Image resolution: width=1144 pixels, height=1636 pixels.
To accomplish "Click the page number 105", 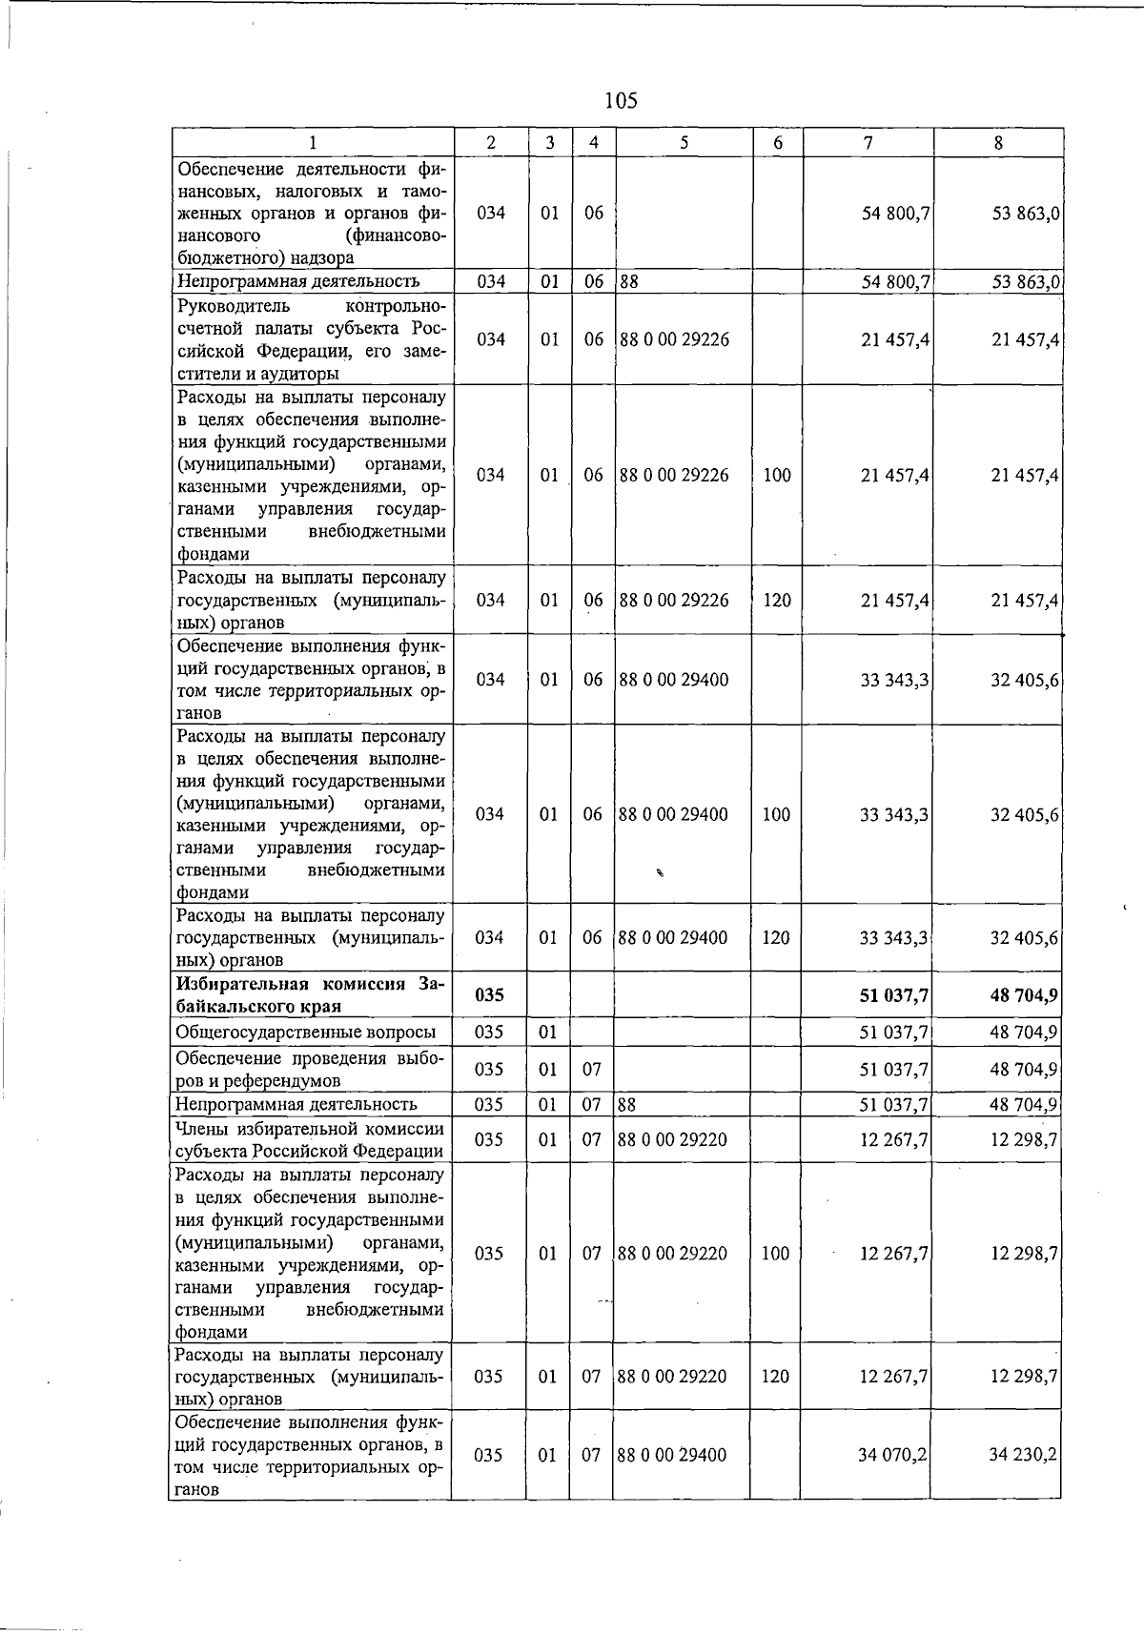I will coord(621,100).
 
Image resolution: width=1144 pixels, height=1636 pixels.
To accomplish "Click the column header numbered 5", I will coord(684,143).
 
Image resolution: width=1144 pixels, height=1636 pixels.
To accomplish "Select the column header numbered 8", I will coord(998,143).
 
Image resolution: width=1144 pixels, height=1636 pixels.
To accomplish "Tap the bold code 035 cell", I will coord(489,995).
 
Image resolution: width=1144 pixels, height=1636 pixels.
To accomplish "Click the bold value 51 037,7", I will coord(894,995).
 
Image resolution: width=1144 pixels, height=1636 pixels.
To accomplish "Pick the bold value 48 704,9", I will coord(1024,995).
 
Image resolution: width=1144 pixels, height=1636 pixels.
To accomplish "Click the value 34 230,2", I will coord(1023,1455).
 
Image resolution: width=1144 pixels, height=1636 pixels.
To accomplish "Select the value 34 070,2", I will coord(893,1455).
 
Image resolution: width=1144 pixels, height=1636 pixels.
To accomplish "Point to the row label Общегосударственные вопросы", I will coord(306,1032).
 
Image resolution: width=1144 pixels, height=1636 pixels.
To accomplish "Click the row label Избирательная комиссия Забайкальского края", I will coord(310,995).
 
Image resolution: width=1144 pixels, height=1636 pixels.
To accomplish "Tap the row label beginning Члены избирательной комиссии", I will coord(310,1140).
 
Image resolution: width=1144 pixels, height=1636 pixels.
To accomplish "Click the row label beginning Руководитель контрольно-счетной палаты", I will coord(310,339).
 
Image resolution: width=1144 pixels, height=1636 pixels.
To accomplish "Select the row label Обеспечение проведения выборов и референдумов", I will coord(310,1069).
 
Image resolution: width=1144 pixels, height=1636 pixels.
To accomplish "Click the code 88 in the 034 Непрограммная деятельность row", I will coord(628,281).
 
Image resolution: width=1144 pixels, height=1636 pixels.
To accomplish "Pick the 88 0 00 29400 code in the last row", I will coord(672,1455).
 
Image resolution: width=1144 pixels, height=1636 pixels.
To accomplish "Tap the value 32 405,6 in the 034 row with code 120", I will coord(1024,938).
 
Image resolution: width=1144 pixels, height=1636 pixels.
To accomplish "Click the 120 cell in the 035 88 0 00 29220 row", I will coord(775,1377).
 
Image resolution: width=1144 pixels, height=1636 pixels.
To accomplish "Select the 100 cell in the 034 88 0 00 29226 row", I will coord(777,475).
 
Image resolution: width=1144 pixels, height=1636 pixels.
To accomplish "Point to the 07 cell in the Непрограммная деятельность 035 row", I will coord(592,1105).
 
